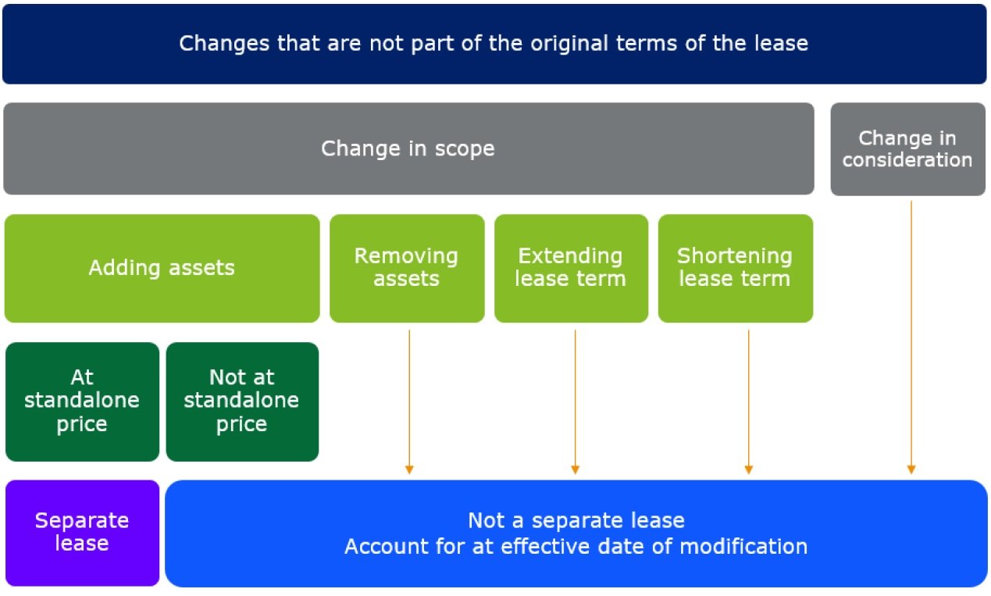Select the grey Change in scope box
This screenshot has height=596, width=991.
(408, 148)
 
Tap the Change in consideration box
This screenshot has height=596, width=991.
(907, 148)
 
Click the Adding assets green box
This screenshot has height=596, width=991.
(162, 268)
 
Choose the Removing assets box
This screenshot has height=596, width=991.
(406, 268)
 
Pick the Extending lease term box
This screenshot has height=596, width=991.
(571, 268)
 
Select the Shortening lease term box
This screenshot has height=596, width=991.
(735, 268)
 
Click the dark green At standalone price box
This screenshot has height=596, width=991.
(82, 401)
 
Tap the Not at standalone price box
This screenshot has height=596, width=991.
(242, 401)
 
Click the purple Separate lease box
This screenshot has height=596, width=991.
(82, 533)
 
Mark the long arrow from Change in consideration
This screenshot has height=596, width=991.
(911, 336)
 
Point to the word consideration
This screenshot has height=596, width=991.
(907, 161)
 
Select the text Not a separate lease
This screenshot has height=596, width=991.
(576, 520)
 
